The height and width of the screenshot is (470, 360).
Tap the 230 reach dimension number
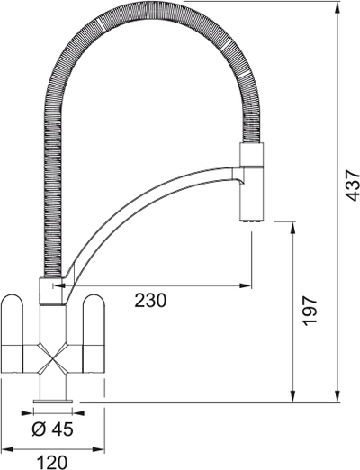[x=150, y=301]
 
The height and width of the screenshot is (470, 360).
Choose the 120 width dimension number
[x=53, y=462]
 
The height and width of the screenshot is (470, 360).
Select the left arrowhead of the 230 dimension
[x=59, y=286]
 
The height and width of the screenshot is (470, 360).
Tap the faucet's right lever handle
[x=94, y=334]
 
